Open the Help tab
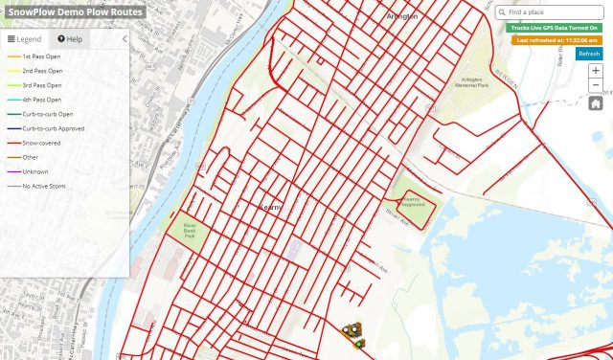pyautogui.click(x=70, y=39)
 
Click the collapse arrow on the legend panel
pyautogui.click(x=124, y=39)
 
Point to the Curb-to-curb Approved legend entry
pyautogui.click(x=54, y=128)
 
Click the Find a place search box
pyautogui.click(x=553, y=12)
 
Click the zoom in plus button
pyautogui.click(x=595, y=71)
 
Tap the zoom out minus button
pyautogui.click(x=595, y=86)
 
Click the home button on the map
pyautogui.click(x=595, y=103)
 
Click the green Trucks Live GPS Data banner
pyautogui.click(x=554, y=29)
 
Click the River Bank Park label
pyautogui.click(x=182, y=230)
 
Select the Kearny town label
pyautogui.click(x=272, y=206)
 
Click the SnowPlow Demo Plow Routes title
pyautogui.click(x=73, y=11)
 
